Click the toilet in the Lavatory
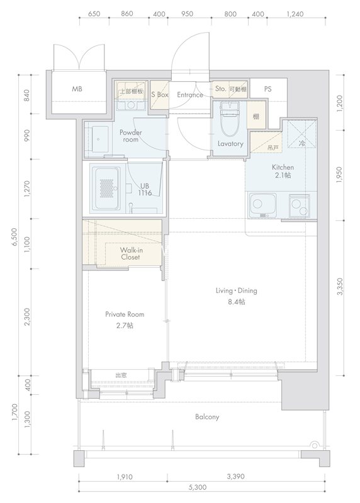[x=230, y=120]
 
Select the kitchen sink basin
[x=262, y=205]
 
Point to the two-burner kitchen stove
[x=300, y=206]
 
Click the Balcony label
[x=207, y=417]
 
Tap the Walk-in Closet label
[x=130, y=253]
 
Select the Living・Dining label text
[x=237, y=290]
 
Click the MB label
[x=77, y=89]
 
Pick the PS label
[x=267, y=89]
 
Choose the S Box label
[x=160, y=95]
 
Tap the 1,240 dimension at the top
[x=295, y=14]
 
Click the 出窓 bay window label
[x=121, y=375]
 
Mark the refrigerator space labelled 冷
[x=302, y=133]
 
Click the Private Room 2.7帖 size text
[x=125, y=325]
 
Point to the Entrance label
[x=190, y=95]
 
